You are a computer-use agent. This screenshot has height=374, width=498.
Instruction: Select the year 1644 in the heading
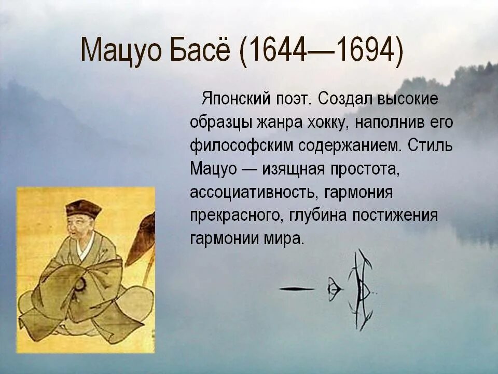pyautogui.click(x=279, y=51)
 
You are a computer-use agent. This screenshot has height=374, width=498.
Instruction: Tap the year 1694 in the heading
pyautogui.click(x=364, y=51)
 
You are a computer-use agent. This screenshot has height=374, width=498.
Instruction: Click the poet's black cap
pyautogui.click(x=82, y=208)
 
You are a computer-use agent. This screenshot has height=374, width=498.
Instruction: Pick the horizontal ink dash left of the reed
pyautogui.click(x=297, y=289)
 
